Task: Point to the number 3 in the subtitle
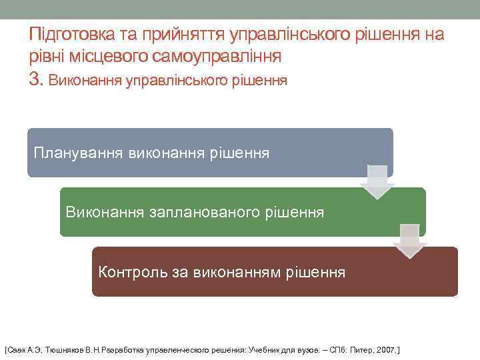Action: [x=35, y=80]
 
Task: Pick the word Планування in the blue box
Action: [x=78, y=153]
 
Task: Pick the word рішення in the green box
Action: [x=297, y=213]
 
